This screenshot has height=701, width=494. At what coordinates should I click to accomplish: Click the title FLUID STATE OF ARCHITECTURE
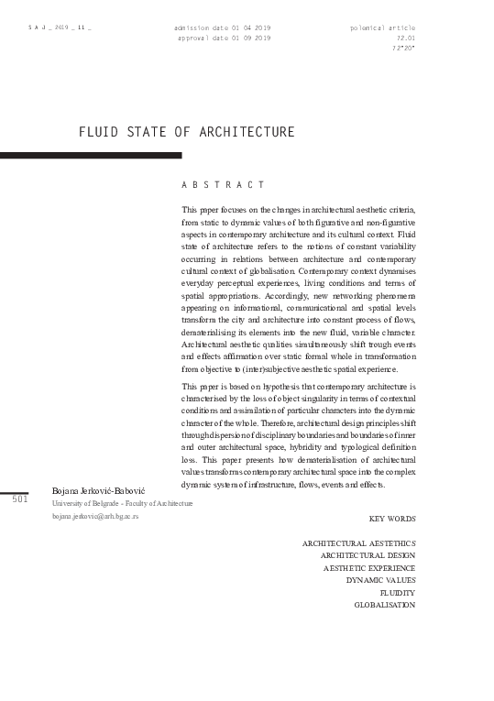(187, 133)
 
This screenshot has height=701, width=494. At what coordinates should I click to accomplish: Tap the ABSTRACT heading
(224, 186)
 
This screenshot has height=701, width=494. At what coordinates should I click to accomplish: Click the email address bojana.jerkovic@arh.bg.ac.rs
(95, 518)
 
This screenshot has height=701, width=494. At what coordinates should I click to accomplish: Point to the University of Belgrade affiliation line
(122, 504)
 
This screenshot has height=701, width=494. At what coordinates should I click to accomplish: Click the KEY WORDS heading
(392, 519)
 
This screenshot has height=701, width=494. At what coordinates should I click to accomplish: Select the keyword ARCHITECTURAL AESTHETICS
(358, 543)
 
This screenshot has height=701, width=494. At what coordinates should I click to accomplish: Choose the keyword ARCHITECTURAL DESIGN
(368, 555)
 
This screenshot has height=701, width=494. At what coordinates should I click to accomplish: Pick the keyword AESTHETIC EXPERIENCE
(369, 568)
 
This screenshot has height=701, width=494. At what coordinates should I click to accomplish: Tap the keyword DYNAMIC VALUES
(380, 580)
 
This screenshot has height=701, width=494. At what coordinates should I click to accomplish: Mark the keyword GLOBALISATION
(385, 605)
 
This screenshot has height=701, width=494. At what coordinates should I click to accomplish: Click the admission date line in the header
(222, 28)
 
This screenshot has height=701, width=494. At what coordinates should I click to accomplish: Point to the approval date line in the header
(224, 38)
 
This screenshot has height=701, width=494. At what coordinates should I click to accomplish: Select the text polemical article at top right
(383, 28)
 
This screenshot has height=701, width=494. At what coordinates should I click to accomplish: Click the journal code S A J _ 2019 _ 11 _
(60, 29)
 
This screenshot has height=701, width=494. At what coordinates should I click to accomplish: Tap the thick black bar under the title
(91, 156)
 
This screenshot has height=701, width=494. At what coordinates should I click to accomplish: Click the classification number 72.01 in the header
(406, 38)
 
